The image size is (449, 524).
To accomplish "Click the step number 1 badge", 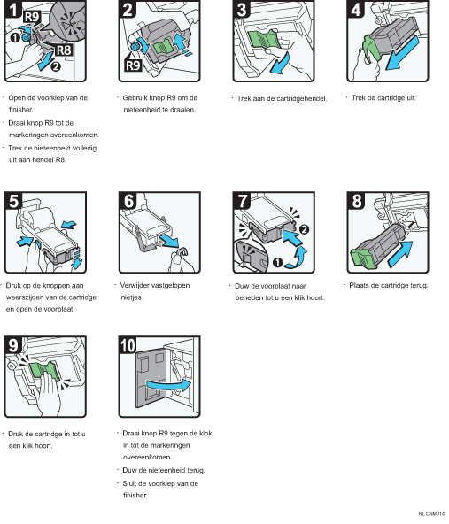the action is tap(12, 9).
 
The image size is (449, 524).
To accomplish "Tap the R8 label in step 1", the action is tap(63, 50).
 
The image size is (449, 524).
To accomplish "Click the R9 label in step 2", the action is tap(133, 65).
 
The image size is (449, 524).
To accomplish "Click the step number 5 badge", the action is tap(13, 201).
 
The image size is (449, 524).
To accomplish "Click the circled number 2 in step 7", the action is tap(304, 229).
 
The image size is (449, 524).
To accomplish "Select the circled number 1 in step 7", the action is tap(278, 263).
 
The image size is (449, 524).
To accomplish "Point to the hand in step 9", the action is tap(49, 395).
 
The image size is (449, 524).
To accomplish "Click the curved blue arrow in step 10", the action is tap(168, 384).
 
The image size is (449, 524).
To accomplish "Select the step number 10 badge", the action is tap(127, 345).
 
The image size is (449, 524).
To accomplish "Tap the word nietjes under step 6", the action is tap(132, 297).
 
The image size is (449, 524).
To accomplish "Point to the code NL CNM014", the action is tap(431, 514).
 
